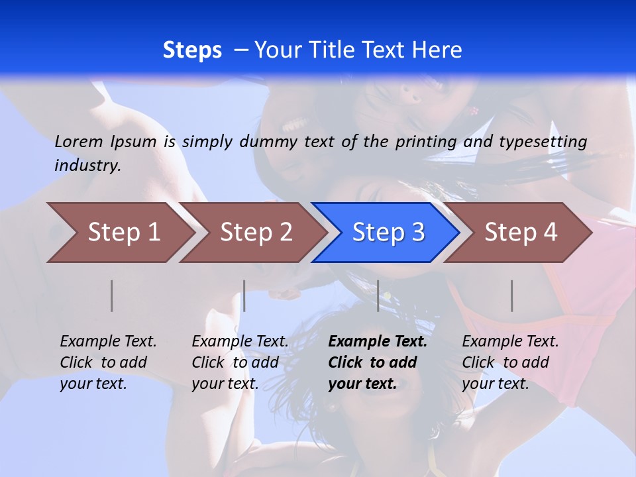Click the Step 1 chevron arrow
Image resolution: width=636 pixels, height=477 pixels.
(119, 233)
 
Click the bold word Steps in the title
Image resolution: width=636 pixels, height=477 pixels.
(192, 50)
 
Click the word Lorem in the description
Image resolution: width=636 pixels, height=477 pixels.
(79, 142)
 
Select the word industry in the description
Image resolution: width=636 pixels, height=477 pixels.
(87, 165)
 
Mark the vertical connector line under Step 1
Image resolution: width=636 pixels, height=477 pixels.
(112, 295)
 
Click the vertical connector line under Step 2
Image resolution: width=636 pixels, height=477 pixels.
(244, 295)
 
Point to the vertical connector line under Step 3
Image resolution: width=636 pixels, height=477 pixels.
(378, 295)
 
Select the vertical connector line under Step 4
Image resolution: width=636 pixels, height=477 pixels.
(512, 295)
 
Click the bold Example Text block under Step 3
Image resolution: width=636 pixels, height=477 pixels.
(377, 362)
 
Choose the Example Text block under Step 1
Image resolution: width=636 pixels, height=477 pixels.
(108, 362)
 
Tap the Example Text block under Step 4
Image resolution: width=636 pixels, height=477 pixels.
(510, 362)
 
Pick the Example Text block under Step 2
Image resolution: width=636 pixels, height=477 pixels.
(240, 362)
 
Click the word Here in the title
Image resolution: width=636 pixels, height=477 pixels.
(437, 50)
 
